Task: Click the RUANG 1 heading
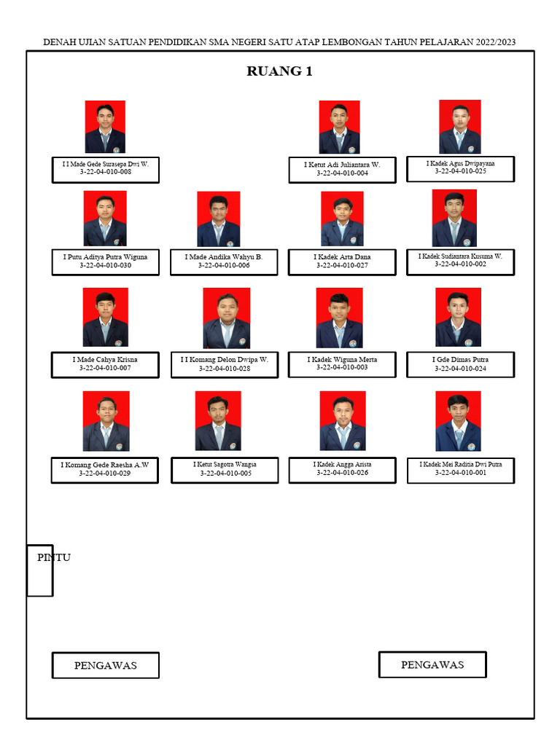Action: coord(280,71)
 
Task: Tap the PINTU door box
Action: coord(40,570)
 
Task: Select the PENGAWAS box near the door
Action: coord(105,665)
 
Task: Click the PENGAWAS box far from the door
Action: coord(432,664)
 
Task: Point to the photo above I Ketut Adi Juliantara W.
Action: coord(339,127)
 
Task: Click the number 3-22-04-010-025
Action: coord(460,172)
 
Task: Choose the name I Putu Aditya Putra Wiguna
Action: coord(105,257)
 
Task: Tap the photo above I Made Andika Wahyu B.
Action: coord(218,219)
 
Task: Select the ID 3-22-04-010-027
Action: coord(342,266)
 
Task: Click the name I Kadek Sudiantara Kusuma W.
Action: coord(460,256)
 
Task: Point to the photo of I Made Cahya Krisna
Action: coord(105,317)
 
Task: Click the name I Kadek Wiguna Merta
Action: coord(342,360)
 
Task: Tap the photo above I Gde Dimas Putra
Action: coord(458,317)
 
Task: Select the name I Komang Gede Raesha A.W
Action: coord(105,465)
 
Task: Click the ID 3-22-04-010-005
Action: coord(225,474)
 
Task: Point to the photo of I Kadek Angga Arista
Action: coord(343,421)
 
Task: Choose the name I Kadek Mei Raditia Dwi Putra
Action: coord(460,464)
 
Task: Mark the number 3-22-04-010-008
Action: coord(105,173)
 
